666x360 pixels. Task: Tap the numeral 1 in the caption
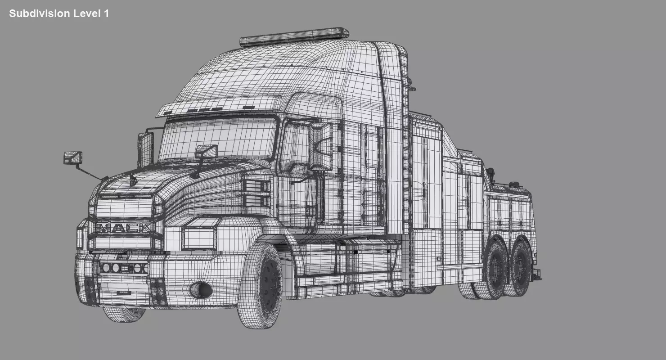pyautogui.click(x=106, y=13)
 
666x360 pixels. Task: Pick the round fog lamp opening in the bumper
pyautogui.click(x=200, y=290)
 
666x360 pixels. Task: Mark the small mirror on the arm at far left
pyautogui.click(x=72, y=158)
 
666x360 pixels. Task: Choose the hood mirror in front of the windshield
pyautogui.click(x=207, y=151)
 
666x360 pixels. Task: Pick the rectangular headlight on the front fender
pyautogui.click(x=199, y=238)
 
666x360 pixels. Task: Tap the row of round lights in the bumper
pyautogui.click(x=123, y=268)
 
